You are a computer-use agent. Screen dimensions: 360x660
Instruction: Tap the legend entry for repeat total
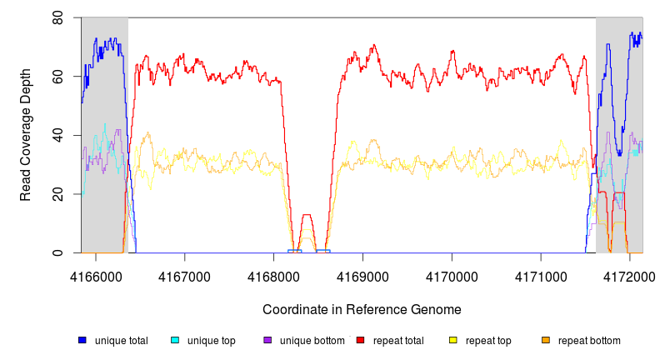(x=401, y=341)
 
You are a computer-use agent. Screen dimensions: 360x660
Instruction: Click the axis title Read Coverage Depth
(x=26, y=135)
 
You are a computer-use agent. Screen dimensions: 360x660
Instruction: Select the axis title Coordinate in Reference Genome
(x=362, y=309)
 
